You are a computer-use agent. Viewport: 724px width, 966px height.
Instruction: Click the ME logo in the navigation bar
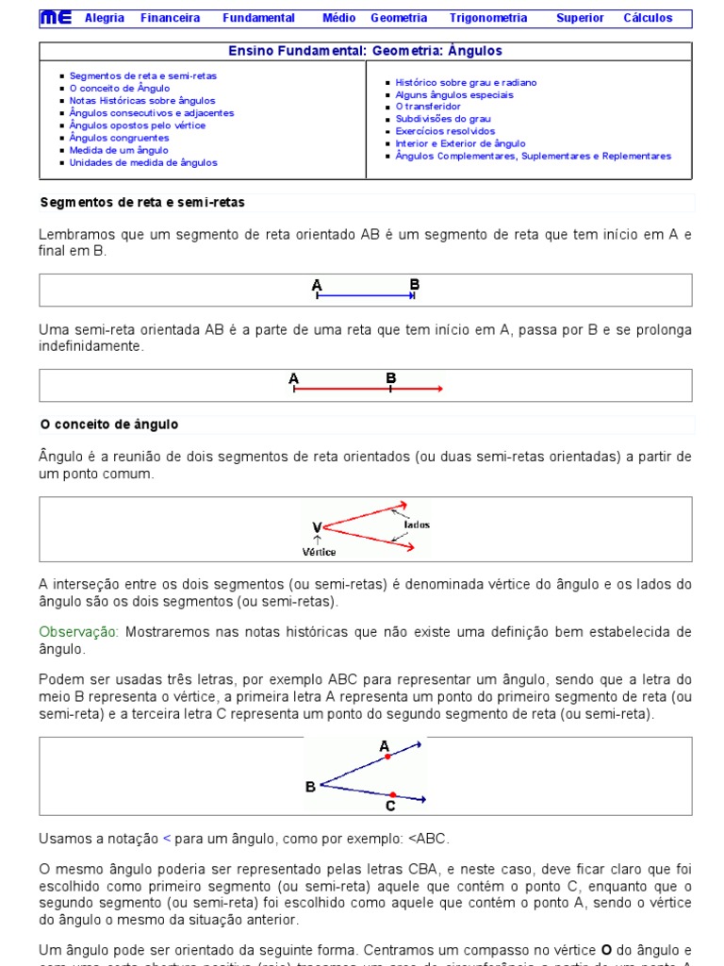(56, 18)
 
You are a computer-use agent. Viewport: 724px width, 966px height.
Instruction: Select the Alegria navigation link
(104, 18)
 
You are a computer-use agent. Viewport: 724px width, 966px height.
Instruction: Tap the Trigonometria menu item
(488, 18)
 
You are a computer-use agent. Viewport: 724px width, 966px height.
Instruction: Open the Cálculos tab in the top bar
(648, 18)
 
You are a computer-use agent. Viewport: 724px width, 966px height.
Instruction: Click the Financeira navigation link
(170, 18)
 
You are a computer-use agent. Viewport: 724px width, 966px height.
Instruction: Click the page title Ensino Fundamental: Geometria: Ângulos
(366, 51)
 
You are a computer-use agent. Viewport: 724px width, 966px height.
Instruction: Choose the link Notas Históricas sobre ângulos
(142, 101)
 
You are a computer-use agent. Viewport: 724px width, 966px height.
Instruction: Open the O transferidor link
(428, 107)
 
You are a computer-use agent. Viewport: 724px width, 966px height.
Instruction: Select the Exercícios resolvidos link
(445, 131)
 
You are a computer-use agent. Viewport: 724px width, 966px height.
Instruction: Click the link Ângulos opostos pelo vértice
(137, 125)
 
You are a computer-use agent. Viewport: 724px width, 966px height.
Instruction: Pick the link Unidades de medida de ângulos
(143, 162)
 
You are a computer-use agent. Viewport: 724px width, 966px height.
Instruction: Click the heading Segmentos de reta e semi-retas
(142, 202)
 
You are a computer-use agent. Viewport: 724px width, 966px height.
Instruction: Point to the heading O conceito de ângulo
(109, 425)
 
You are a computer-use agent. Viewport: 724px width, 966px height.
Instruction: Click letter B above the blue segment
(415, 284)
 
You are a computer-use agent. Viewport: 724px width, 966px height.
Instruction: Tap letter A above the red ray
(294, 379)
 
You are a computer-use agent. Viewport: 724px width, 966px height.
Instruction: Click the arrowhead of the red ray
(439, 389)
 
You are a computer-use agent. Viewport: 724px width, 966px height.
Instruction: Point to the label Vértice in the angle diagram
(319, 552)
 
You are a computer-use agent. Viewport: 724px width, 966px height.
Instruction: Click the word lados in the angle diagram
(417, 525)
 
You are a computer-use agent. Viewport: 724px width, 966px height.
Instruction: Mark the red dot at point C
(392, 794)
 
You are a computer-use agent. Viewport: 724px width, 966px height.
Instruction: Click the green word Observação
(79, 631)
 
